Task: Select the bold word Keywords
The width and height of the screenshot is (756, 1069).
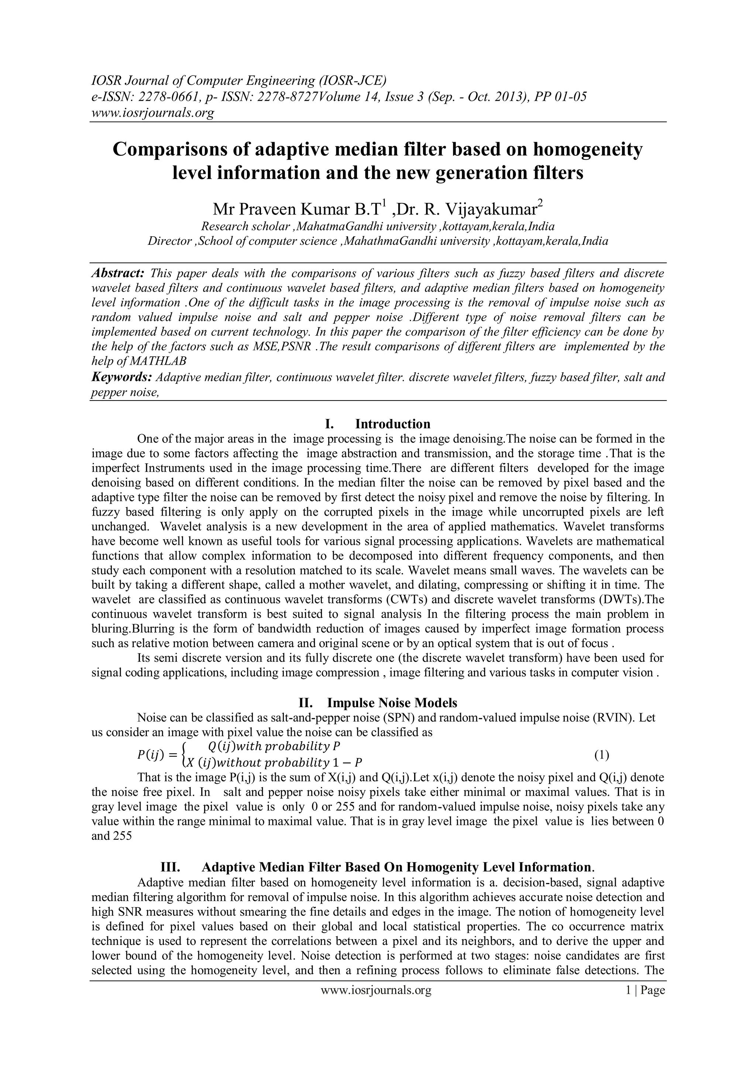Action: point(121,377)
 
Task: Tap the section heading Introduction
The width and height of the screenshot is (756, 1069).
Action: point(392,424)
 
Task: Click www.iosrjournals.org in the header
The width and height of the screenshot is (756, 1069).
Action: point(152,113)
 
